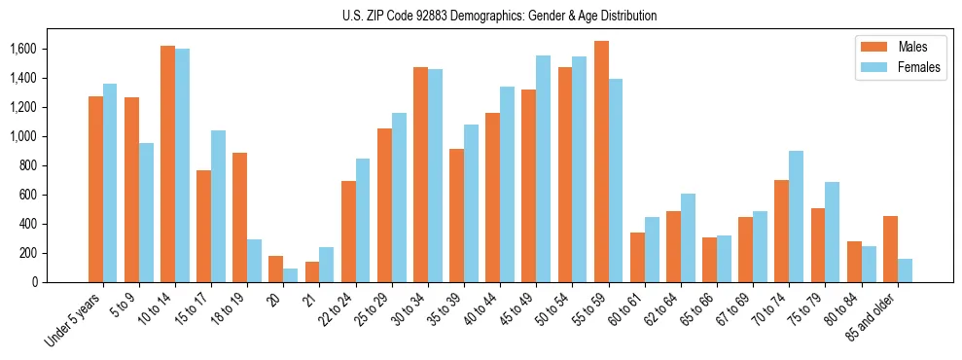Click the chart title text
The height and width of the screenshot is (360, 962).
(x=499, y=16)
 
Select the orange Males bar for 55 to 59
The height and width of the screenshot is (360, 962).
(x=601, y=162)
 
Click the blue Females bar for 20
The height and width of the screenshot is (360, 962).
(x=291, y=275)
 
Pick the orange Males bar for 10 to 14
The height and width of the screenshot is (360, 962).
(x=168, y=163)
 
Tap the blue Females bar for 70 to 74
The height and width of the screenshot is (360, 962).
(x=797, y=216)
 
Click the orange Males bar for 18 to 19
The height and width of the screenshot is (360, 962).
(x=240, y=217)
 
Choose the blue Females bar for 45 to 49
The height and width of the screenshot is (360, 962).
(x=543, y=168)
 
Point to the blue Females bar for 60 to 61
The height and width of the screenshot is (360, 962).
(x=652, y=249)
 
